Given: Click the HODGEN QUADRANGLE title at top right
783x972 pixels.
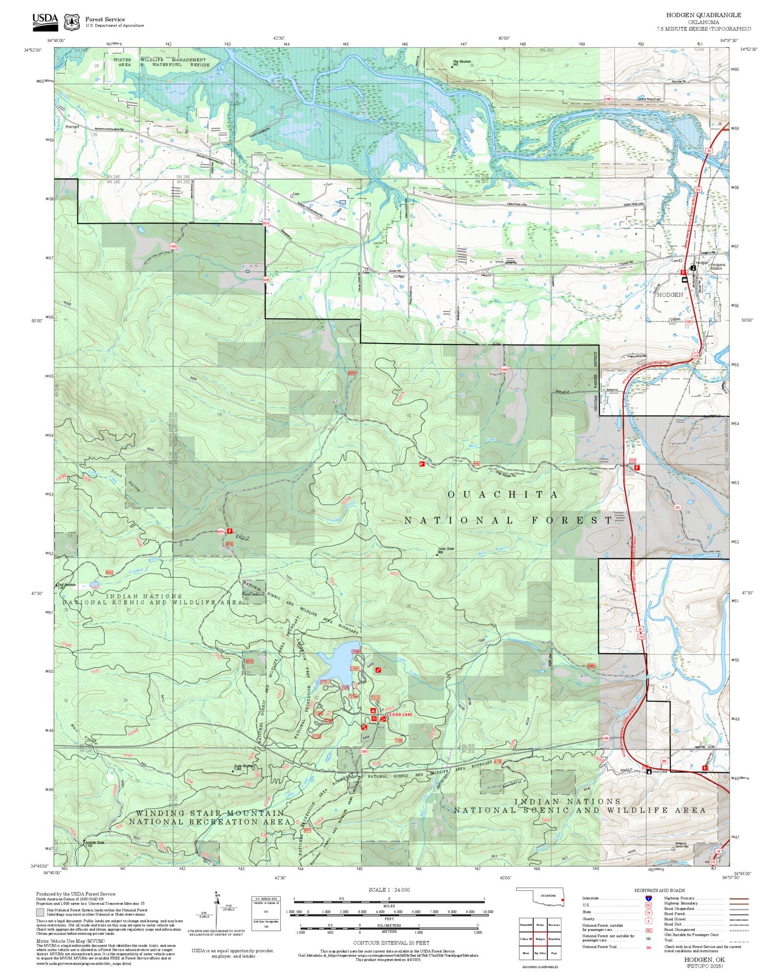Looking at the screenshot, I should click(703, 15).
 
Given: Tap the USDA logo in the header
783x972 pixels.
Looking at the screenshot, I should click(45, 22).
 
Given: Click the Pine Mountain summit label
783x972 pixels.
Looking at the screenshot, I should click(461, 63).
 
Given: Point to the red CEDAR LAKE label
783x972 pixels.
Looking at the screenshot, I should click(400, 715).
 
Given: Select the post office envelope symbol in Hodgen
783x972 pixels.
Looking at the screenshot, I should click(685, 279).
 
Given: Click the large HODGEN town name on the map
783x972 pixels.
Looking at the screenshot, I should click(669, 295).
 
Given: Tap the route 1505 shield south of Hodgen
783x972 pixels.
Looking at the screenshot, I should click(689, 322).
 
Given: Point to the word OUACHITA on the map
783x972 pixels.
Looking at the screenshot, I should click(503, 495).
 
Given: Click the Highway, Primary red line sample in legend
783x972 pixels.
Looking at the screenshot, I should click(738, 899).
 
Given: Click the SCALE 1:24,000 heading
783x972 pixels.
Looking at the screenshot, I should click(389, 890).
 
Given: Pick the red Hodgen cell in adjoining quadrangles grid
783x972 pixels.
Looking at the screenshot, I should click(540, 939).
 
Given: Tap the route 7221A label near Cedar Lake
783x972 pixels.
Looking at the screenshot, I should click(375, 698).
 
